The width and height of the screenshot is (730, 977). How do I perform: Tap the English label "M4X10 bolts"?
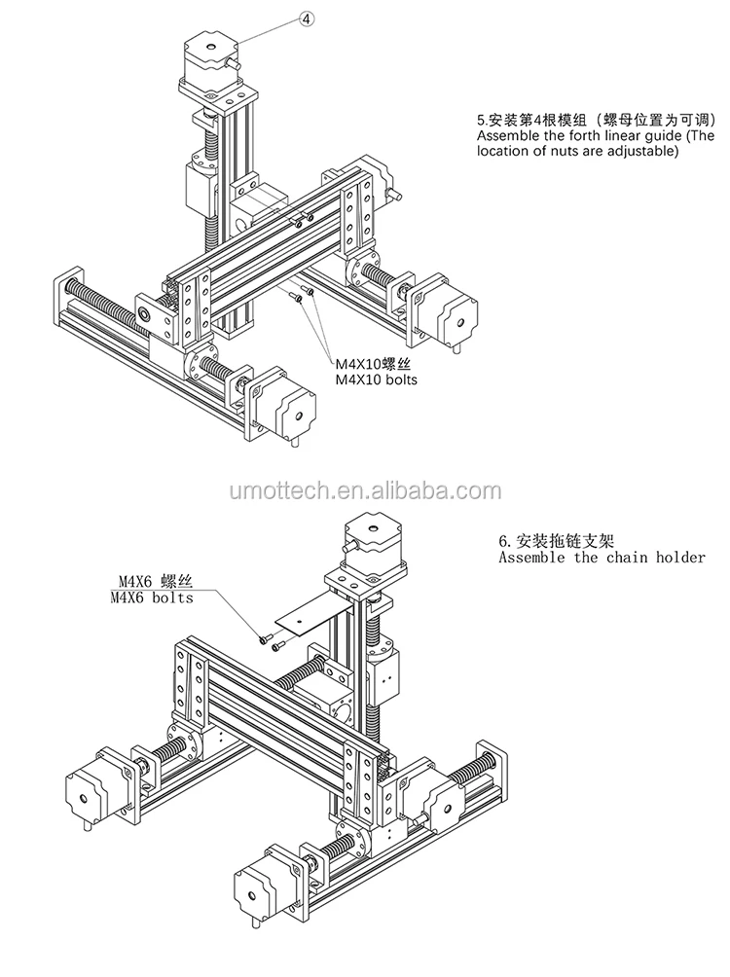click(x=377, y=380)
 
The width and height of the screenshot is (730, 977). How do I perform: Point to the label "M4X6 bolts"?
click(x=152, y=597)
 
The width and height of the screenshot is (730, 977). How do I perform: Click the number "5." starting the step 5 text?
click(x=481, y=122)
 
